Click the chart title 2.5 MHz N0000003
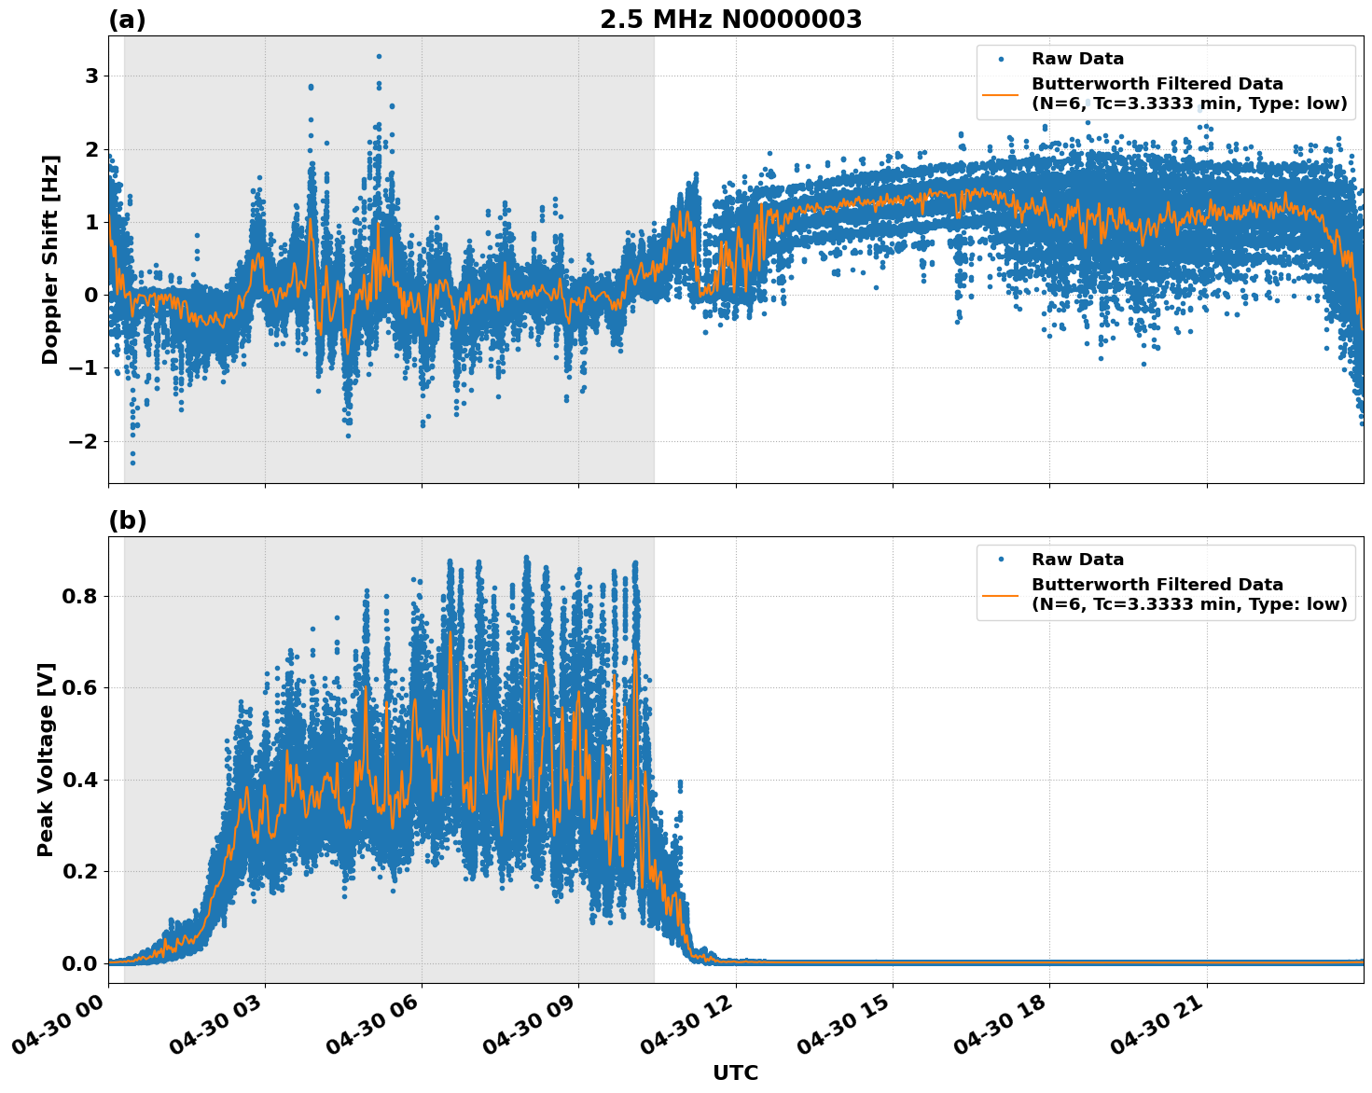coord(730,20)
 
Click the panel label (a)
coord(127,20)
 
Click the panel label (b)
coord(127,520)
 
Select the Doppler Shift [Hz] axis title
coord(50,259)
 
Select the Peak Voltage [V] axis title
coord(46,759)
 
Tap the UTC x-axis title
coord(735,1072)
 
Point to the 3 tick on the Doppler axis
coord(91,76)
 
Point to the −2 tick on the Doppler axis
coord(83,441)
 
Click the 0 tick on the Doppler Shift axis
coord(91,295)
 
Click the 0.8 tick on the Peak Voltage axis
coord(78,596)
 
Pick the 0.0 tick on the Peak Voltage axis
coord(78,963)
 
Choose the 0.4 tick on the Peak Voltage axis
coord(78,780)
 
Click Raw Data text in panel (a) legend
coord(1077,59)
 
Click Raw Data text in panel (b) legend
coord(1077,560)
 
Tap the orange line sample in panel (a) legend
coord(1001,93)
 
